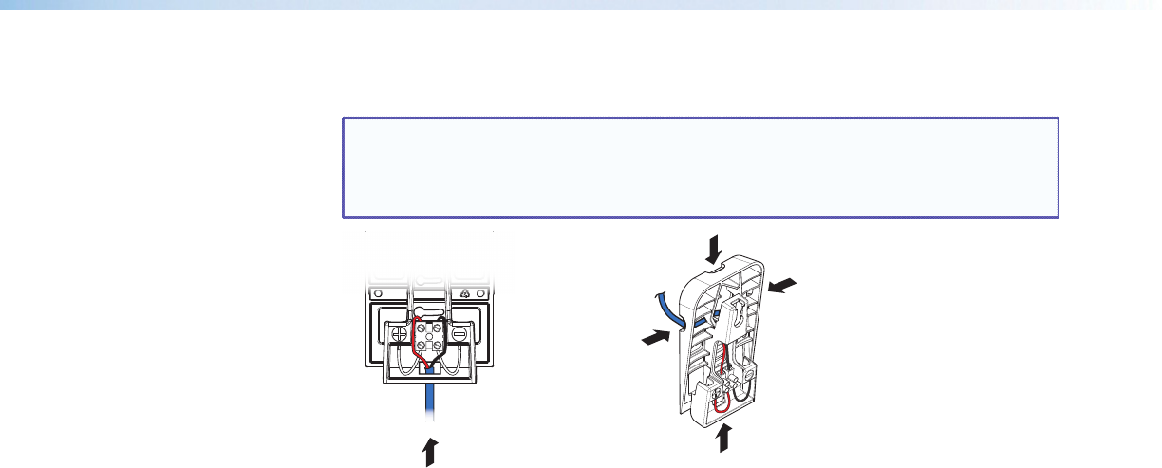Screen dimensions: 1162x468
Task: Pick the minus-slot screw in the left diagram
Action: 459,334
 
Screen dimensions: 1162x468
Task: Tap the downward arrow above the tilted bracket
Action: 714,250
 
